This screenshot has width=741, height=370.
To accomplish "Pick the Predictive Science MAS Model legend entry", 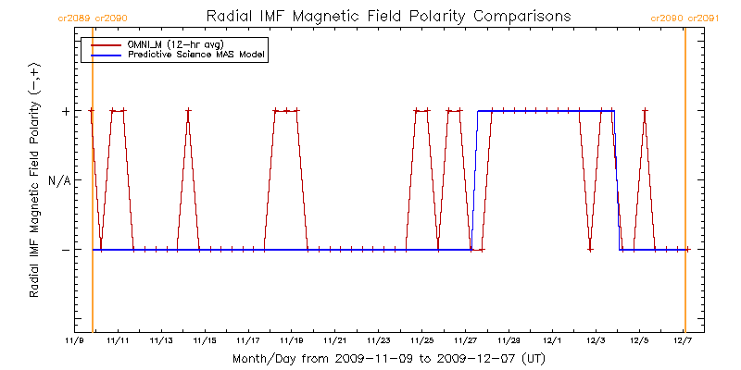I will pos(196,55).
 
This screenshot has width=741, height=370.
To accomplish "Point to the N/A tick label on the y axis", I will pos(58,180).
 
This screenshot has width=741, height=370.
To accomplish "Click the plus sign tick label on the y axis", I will pos(65,111).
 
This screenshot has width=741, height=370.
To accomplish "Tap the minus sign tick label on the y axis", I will pos(65,250).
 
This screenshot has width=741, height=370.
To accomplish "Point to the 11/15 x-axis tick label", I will pos(205,340).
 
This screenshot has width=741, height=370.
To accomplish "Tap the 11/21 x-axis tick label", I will pos(335,340).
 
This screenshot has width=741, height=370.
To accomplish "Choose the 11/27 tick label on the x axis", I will pos(466,340).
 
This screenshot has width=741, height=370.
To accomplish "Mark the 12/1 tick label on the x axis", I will pos(553,340).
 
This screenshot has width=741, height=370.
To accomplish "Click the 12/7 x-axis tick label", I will pos(684,340).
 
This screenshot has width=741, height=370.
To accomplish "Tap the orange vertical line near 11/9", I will pos(93,185).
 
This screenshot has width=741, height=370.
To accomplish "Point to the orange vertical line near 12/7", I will pos(684,185).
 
